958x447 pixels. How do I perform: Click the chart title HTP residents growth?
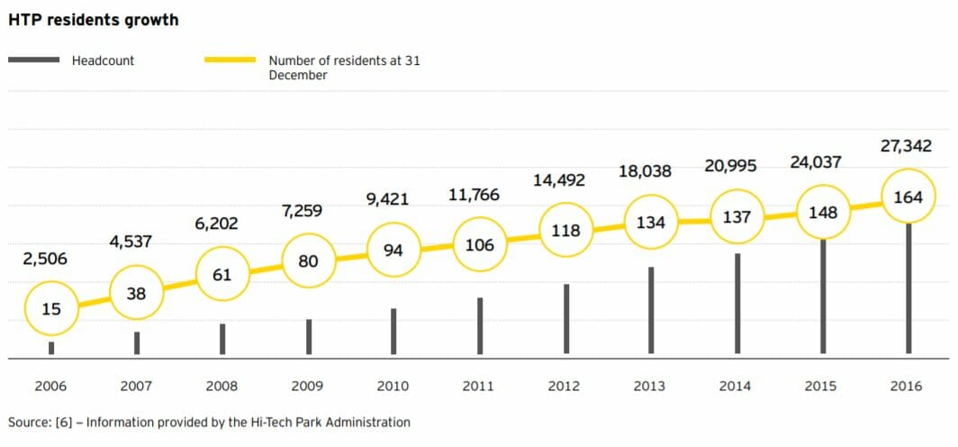93,20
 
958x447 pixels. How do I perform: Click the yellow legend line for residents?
230,60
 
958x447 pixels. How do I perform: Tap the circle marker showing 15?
51,309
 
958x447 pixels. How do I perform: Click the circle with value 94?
393,251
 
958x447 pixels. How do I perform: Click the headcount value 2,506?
45,260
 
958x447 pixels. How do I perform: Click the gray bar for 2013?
651,310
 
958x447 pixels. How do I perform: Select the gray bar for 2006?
51,348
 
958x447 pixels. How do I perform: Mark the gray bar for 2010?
393,331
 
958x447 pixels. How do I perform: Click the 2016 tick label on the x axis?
906,386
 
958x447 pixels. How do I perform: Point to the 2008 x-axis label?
221,386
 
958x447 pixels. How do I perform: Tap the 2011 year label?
478,386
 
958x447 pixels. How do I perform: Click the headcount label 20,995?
730,166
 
